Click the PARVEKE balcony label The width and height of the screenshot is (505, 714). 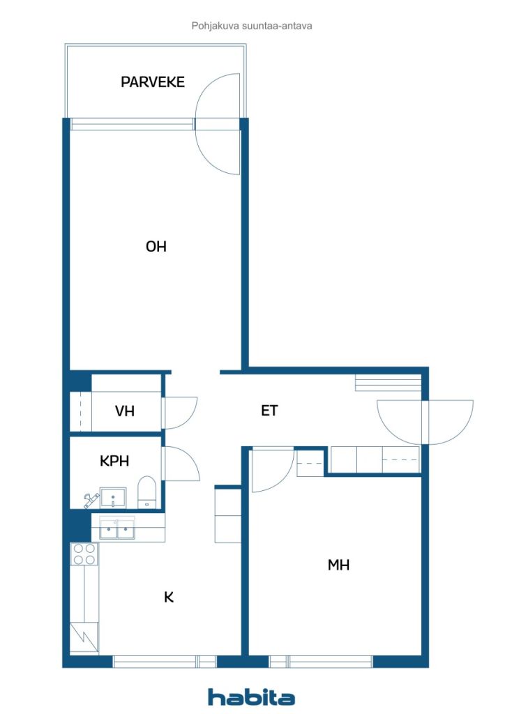click(153, 82)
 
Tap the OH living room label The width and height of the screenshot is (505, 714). click(156, 246)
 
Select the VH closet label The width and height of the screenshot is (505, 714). click(124, 411)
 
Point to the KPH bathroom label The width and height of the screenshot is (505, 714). click(114, 461)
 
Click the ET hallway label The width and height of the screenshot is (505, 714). click(269, 411)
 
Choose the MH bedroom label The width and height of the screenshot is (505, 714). click(338, 565)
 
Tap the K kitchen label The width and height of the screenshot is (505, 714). click(169, 597)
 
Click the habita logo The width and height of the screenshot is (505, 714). click(251, 697)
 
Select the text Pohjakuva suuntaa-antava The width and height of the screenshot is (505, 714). click(252, 26)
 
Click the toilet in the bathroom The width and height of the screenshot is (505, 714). click(146, 492)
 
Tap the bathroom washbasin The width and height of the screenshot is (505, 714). click(113, 496)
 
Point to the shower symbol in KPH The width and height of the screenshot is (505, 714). click(91, 501)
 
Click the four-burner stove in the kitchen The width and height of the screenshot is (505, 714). click(84, 554)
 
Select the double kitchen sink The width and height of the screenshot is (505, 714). click(117, 529)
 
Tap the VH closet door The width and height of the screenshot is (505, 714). click(181, 413)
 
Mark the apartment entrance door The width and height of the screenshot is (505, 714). click(425, 422)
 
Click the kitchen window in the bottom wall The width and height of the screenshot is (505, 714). click(165, 661)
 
